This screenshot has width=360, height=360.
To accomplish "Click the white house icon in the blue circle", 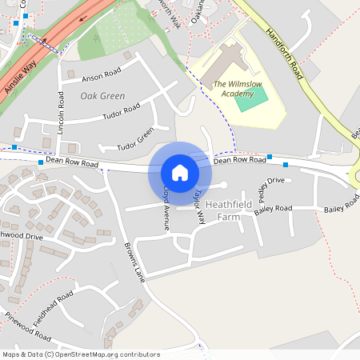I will [179, 172].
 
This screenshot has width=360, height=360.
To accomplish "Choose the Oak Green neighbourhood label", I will [102, 96].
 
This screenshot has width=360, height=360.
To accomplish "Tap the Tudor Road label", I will [122, 113].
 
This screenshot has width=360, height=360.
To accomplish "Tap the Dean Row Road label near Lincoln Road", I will [72, 162].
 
